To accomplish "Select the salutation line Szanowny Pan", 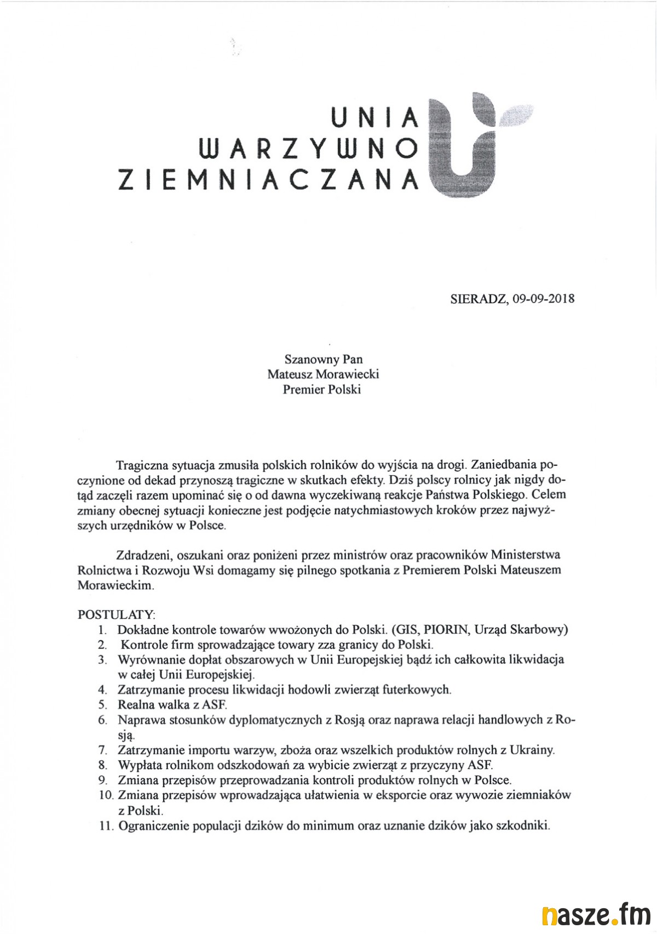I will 323,360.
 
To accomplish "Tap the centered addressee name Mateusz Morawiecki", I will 323,375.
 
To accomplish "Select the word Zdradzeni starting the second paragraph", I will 143,555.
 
